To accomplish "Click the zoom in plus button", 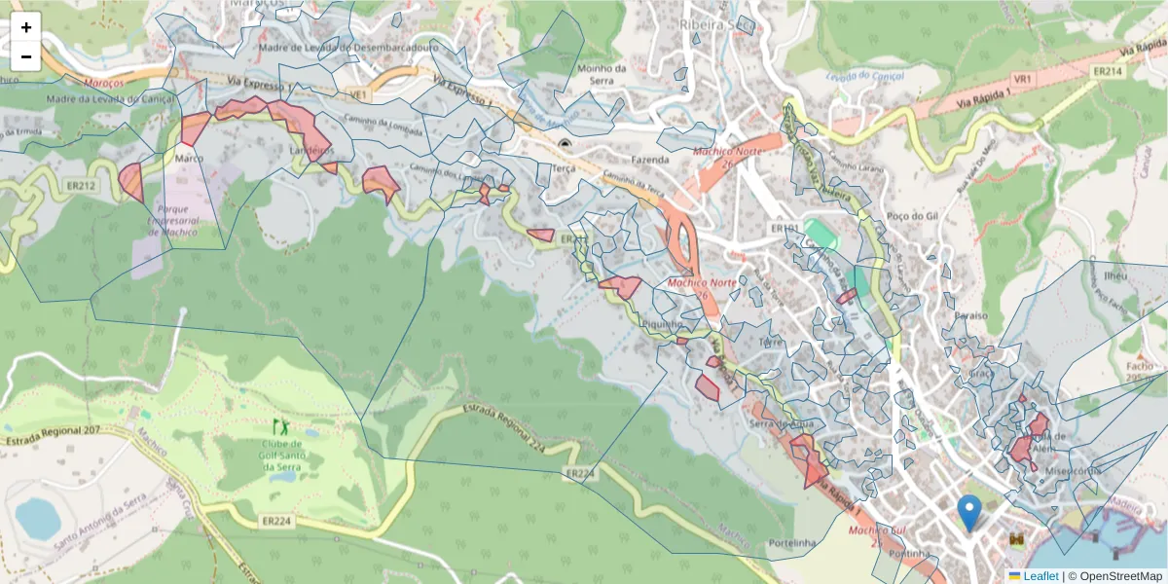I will pyautogui.click(x=26, y=27).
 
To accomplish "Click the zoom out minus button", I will pyautogui.click(x=26, y=56).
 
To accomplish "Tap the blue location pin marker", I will pyautogui.click(x=968, y=512).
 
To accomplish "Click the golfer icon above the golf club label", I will pyautogui.click(x=282, y=426).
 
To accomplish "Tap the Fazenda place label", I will pyautogui.click(x=650, y=159).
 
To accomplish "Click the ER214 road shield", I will pyautogui.click(x=1106, y=71).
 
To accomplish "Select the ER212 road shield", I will pyautogui.click(x=83, y=185).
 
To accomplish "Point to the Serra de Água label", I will pyautogui.click(x=783, y=423).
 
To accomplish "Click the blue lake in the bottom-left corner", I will pyautogui.click(x=37, y=518).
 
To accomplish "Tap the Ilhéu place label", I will pyautogui.click(x=1115, y=275).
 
